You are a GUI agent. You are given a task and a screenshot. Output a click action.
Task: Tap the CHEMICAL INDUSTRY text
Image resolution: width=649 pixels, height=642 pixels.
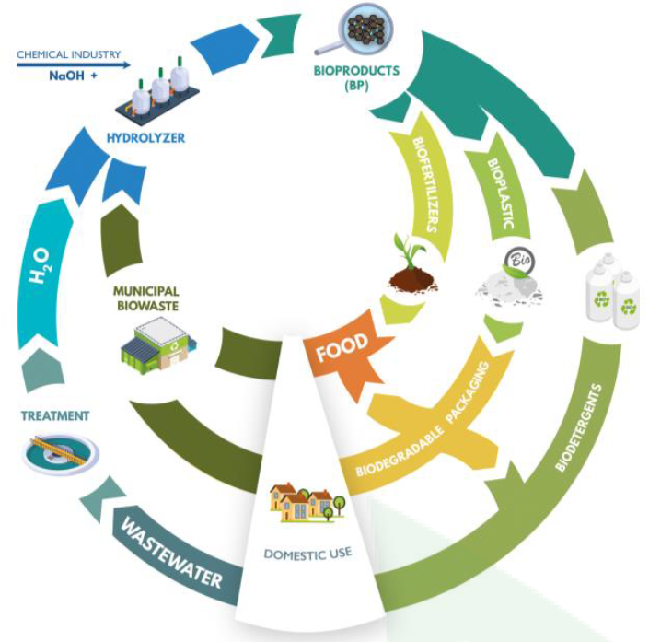(69, 55)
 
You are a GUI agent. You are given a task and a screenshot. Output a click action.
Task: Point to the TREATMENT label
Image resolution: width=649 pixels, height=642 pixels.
(56, 416)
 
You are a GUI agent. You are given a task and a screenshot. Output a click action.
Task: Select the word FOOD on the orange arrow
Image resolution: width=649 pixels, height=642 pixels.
(342, 347)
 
